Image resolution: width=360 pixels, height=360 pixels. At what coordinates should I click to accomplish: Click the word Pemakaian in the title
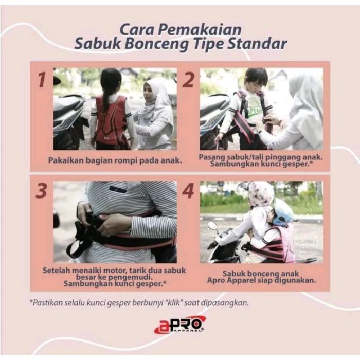[200, 30]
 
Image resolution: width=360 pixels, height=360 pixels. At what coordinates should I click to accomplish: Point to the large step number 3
[42, 191]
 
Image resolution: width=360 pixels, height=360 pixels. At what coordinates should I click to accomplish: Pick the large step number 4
[188, 191]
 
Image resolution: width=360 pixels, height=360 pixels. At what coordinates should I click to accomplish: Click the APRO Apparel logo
[180, 325]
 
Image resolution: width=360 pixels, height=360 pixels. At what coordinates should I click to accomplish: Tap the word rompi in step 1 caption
[126, 160]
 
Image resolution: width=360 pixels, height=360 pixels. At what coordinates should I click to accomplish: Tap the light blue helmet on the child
[283, 212]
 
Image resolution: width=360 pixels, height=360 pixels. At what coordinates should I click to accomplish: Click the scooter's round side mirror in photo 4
[212, 226]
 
